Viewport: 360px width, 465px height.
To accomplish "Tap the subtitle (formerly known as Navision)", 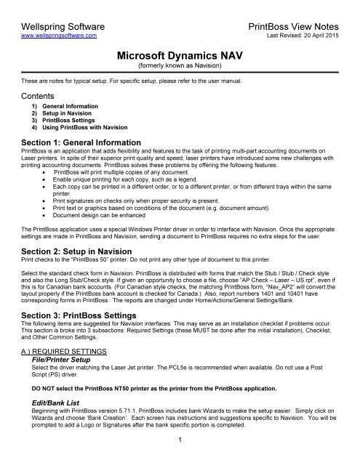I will pyautogui.click(x=180, y=64).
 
